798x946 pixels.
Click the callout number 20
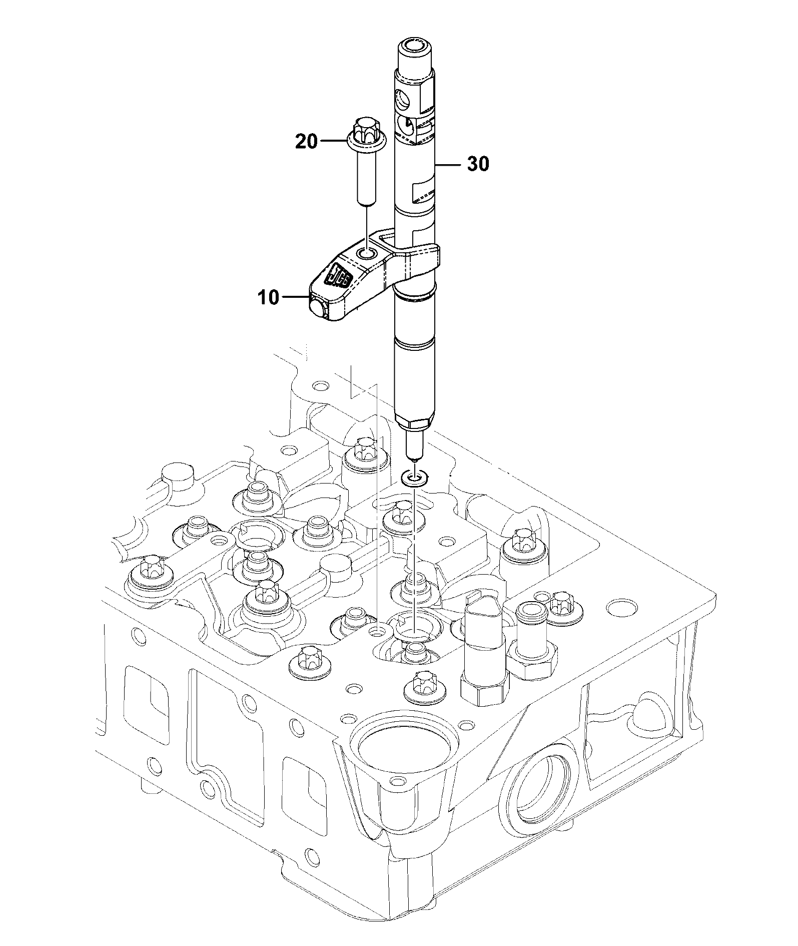(x=306, y=142)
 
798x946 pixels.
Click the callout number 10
(x=268, y=297)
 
